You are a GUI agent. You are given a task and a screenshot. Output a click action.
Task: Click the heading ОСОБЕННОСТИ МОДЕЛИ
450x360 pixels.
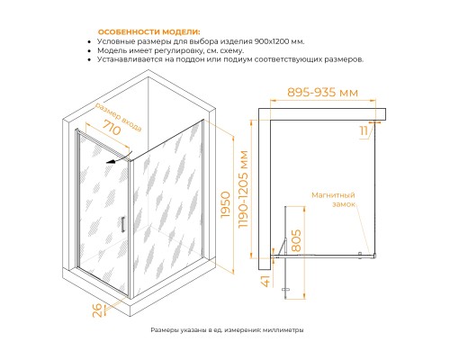tap(149, 32)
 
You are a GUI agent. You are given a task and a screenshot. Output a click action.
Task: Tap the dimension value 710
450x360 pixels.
tap(112, 127)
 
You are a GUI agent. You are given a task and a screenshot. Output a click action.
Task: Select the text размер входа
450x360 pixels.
tap(119, 118)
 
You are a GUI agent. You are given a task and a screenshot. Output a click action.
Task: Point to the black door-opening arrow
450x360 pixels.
tap(120, 158)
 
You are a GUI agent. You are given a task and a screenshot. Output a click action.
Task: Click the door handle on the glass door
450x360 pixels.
tap(122, 224)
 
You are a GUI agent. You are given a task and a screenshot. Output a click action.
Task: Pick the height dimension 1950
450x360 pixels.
tap(226, 204)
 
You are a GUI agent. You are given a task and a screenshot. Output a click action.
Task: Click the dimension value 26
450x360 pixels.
tap(98, 310)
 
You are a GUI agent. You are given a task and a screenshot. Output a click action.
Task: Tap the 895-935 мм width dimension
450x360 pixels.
tap(322, 92)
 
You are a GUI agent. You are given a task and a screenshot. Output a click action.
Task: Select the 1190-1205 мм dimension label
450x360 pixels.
tap(243, 189)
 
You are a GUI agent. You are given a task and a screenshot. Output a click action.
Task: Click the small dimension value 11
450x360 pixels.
tap(364, 130)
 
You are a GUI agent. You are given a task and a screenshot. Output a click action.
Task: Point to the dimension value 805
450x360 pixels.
tap(296, 240)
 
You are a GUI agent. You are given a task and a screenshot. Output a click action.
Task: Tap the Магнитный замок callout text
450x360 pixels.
tap(333, 200)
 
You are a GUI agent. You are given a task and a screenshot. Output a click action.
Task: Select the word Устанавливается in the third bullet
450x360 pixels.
tap(130, 59)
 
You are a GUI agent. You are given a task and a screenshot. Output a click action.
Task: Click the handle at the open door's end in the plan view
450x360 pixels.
tap(285, 290)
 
